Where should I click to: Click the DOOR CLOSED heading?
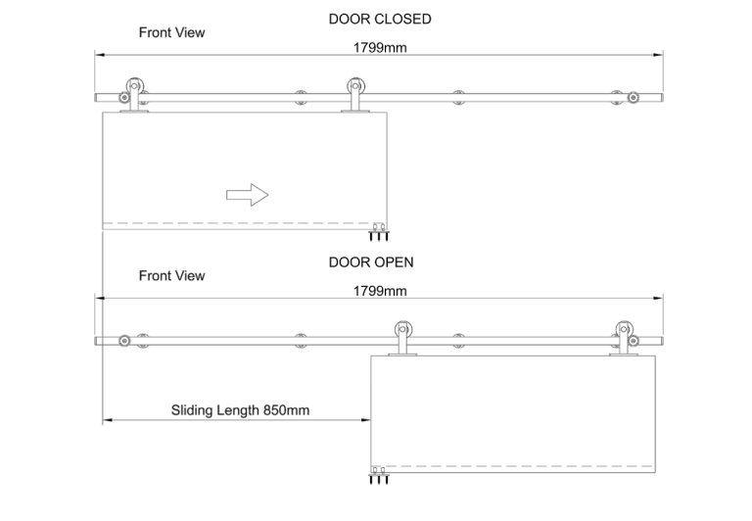[380, 20]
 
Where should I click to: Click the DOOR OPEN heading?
[371, 262]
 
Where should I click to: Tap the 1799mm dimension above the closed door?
[380, 47]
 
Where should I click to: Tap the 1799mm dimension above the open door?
[380, 291]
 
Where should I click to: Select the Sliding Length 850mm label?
[240, 410]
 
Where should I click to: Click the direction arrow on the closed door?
[247, 195]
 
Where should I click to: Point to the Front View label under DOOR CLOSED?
[171, 32]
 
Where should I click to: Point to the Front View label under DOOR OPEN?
[171, 276]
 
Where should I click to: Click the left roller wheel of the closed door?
[135, 86]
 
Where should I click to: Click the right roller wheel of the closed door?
[355, 86]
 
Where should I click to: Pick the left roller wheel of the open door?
[403, 330]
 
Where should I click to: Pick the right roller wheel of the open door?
[624, 330]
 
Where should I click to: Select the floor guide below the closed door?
[379, 231]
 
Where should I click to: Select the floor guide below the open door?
[379, 474]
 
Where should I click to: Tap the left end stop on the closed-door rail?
[124, 98]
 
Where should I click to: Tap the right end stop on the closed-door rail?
[634, 98]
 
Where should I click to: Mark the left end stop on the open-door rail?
[124, 341]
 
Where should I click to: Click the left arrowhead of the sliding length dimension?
[108, 420]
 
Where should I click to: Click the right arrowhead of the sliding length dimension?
[365, 420]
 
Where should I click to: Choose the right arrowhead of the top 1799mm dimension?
[658, 55]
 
